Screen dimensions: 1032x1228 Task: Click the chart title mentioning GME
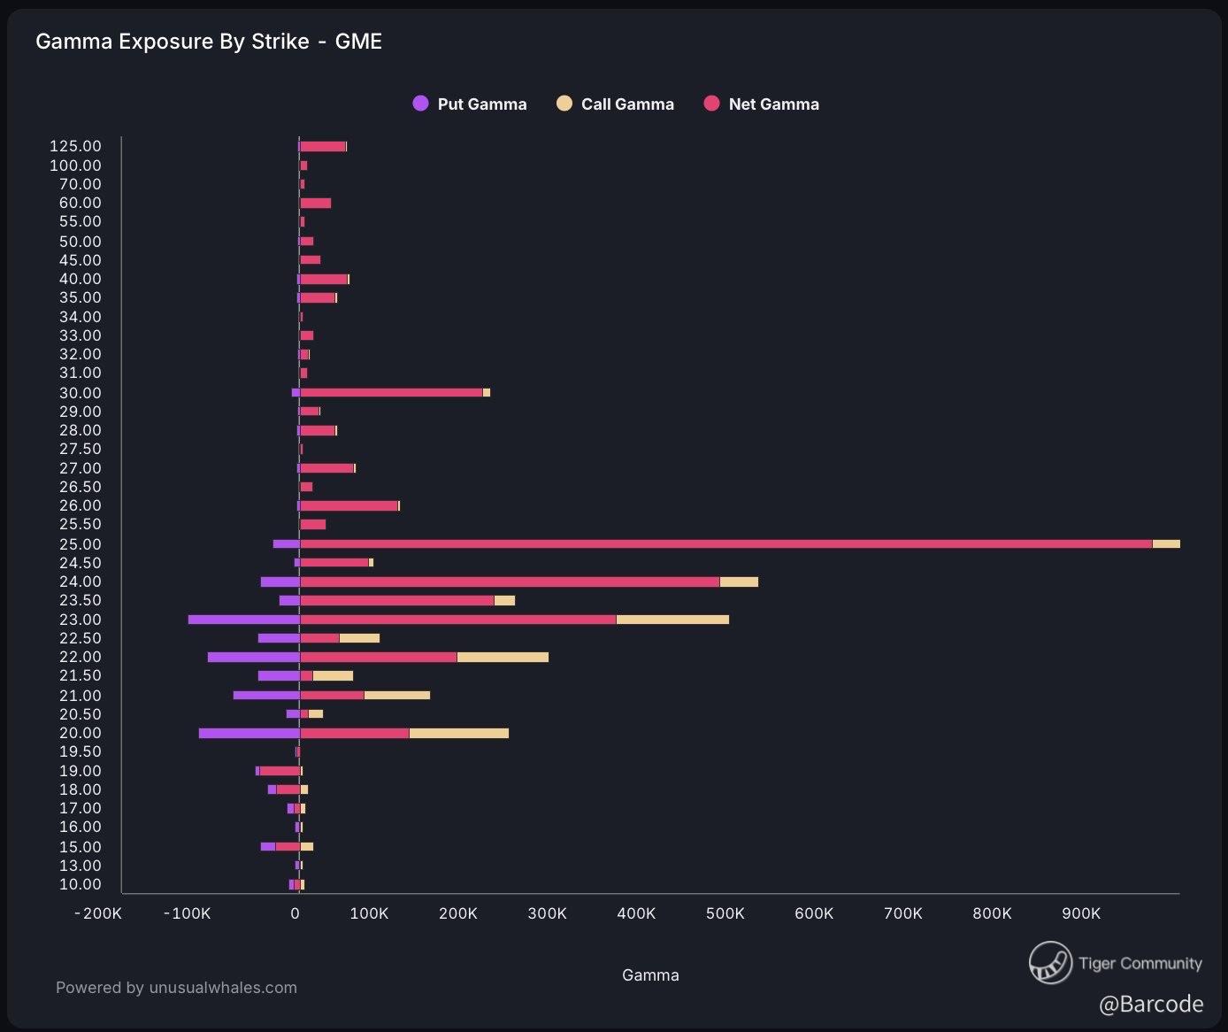(x=209, y=42)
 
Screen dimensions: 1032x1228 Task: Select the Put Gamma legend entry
(x=470, y=104)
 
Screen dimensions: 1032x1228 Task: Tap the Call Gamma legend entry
(x=615, y=104)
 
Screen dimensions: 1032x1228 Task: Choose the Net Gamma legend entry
(x=762, y=104)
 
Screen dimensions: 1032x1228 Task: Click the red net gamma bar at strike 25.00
(x=725, y=544)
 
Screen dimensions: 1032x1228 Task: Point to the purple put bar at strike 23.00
(x=243, y=620)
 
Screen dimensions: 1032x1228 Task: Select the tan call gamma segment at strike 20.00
(x=458, y=733)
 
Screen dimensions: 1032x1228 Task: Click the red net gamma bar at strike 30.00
(x=391, y=393)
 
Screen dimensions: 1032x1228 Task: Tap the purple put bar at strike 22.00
(x=253, y=657)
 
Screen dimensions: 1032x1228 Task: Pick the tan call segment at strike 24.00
(x=739, y=581)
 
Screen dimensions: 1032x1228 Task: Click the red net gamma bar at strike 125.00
(x=322, y=147)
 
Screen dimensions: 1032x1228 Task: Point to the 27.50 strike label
(x=81, y=449)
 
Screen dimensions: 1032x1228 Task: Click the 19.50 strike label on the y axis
(x=81, y=751)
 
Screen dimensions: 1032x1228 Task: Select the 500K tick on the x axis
(x=725, y=913)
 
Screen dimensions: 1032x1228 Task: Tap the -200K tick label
(x=98, y=913)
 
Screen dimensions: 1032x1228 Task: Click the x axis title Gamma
(x=650, y=975)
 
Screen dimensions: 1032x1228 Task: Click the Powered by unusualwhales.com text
(x=176, y=988)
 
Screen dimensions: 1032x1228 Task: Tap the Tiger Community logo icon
(x=1051, y=963)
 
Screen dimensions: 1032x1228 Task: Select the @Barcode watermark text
(x=1151, y=1004)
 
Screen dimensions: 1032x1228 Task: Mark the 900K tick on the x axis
(x=1080, y=913)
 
